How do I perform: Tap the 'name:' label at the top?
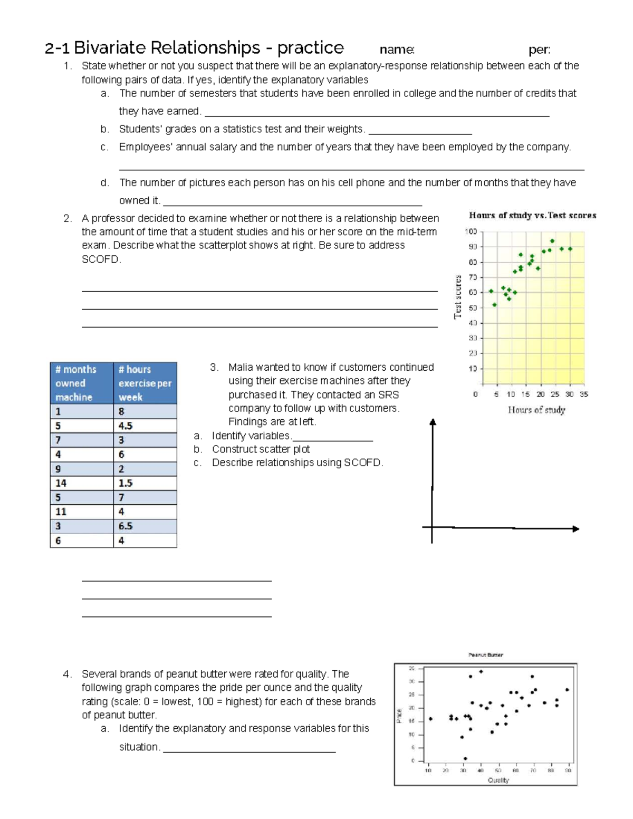point(397,50)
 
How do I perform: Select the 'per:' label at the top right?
point(539,50)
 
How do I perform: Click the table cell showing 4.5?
point(126,426)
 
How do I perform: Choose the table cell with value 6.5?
point(126,526)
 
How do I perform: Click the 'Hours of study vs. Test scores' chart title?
point(532,215)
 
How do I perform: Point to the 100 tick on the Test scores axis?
point(471,232)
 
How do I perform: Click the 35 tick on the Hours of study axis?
point(583,394)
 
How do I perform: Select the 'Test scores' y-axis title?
point(458,296)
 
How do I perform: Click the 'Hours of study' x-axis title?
point(536,410)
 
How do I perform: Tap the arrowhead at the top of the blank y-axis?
point(433,422)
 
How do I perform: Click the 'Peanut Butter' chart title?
point(485,655)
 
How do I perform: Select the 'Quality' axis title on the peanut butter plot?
point(498,780)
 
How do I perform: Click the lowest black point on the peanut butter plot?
point(465,758)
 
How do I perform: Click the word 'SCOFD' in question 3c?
point(362,463)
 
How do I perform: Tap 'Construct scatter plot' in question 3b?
point(261,449)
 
